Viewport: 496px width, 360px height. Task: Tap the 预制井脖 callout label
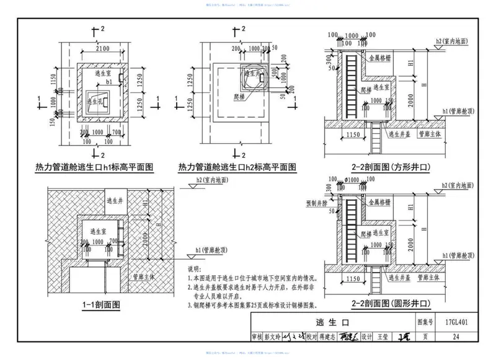tap(317, 203)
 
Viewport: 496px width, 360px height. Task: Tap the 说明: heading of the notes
tap(194, 270)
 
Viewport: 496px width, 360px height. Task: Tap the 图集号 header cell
tap(423, 323)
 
